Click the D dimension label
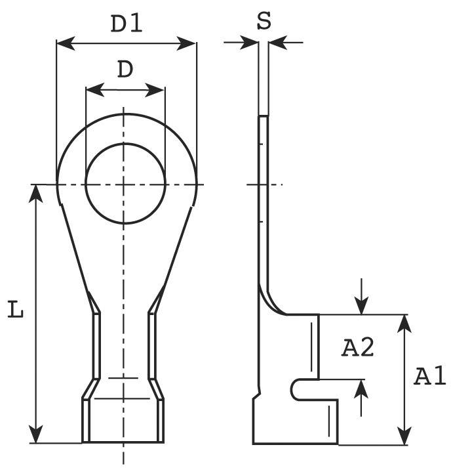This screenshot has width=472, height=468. pos(125,69)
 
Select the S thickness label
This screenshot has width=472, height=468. pos(264,21)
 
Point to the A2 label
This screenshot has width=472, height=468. pos(358,347)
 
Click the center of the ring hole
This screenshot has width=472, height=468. pos(125,184)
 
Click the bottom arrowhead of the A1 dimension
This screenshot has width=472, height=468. pos(406,435)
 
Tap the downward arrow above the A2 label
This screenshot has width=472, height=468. pos(361,306)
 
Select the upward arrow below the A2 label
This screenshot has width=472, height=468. pos(361,388)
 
